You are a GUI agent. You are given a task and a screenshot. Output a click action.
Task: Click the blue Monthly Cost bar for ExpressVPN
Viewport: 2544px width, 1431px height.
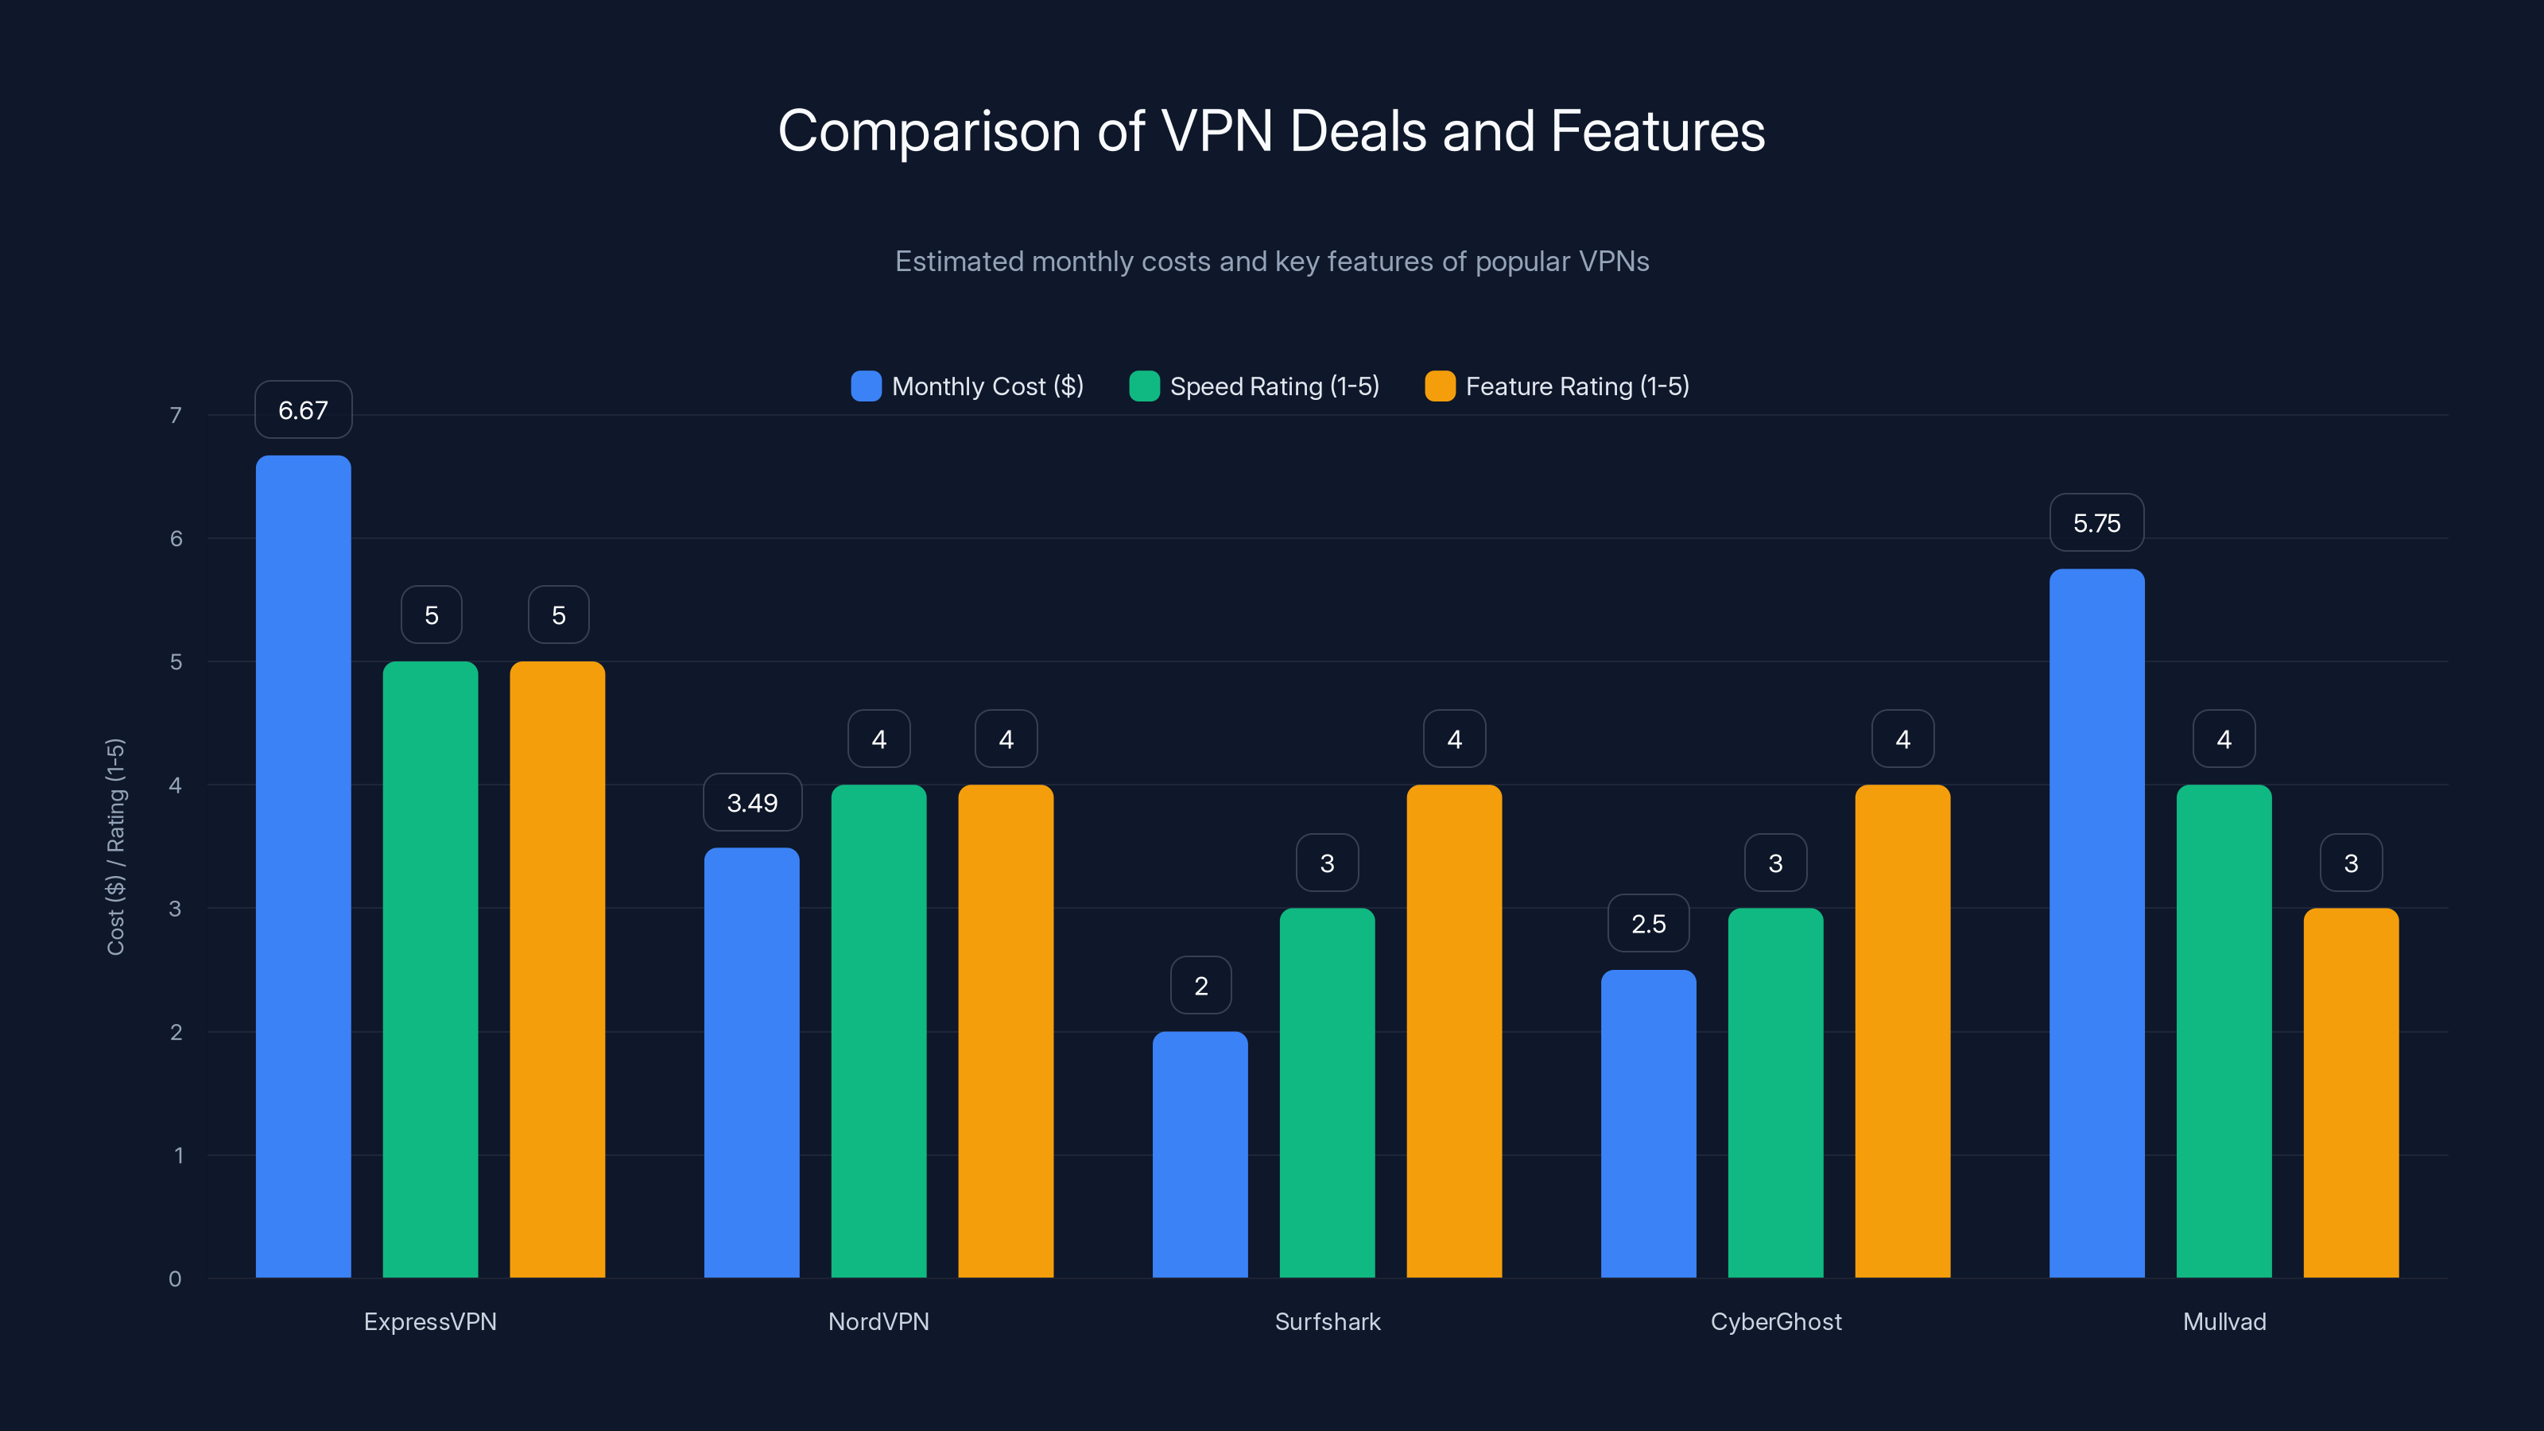tap(303, 866)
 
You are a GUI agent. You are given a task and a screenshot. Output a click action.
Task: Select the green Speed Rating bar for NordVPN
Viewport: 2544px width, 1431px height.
tap(879, 1030)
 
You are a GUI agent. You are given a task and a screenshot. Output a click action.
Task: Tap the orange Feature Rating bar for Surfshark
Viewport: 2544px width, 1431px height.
tap(1454, 1030)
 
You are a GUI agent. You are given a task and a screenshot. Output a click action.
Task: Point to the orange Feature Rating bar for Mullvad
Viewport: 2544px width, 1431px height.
tap(2351, 1092)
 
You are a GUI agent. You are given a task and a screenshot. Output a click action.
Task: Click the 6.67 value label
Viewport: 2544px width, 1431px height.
tap(303, 410)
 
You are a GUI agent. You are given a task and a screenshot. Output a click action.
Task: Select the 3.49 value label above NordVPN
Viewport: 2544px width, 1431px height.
tap(751, 803)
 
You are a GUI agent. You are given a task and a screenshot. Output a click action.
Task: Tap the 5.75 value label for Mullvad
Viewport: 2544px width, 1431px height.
tap(2096, 522)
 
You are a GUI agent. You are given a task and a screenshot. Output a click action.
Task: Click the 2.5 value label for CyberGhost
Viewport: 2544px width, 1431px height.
tap(1648, 923)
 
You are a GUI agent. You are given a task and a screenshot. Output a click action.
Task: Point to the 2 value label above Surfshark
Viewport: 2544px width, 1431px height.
tap(1201, 986)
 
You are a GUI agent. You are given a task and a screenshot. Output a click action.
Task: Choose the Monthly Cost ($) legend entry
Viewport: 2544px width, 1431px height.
tap(968, 386)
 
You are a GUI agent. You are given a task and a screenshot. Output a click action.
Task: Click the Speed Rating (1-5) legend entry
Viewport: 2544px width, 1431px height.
tap(1255, 386)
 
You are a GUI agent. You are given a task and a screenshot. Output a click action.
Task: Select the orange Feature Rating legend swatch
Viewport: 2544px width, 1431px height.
tap(1440, 386)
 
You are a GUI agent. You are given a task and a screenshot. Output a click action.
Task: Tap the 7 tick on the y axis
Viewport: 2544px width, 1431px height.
tap(176, 415)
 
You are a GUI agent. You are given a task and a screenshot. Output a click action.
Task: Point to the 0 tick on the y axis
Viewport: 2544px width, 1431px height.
tap(175, 1279)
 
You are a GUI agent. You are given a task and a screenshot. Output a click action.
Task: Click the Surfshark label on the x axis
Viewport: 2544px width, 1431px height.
tap(1328, 1321)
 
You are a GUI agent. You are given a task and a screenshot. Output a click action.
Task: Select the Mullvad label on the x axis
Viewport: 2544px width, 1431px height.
tap(2224, 1321)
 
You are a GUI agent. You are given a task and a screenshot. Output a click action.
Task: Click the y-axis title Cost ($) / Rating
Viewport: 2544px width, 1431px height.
tap(115, 847)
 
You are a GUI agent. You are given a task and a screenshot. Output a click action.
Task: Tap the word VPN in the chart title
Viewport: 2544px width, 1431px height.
tap(1216, 131)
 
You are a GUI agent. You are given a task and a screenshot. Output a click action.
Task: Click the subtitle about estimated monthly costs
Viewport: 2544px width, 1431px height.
tap(1272, 262)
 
